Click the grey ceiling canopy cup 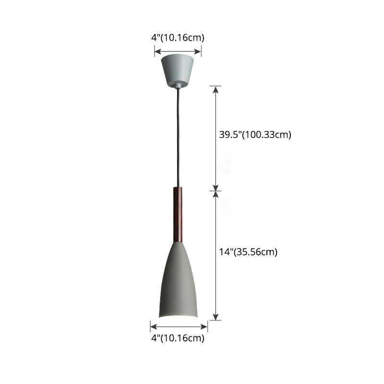coord(178,70)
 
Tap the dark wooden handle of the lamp coord(178,215)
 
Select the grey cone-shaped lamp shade coord(178,281)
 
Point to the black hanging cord coord(178,137)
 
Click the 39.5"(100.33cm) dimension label coord(255,135)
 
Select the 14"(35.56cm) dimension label coord(248,252)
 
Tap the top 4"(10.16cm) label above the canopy coord(178,38)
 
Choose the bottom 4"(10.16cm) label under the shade coord(178,338)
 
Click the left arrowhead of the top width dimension coord(158,51)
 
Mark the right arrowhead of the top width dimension coord(198,51)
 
